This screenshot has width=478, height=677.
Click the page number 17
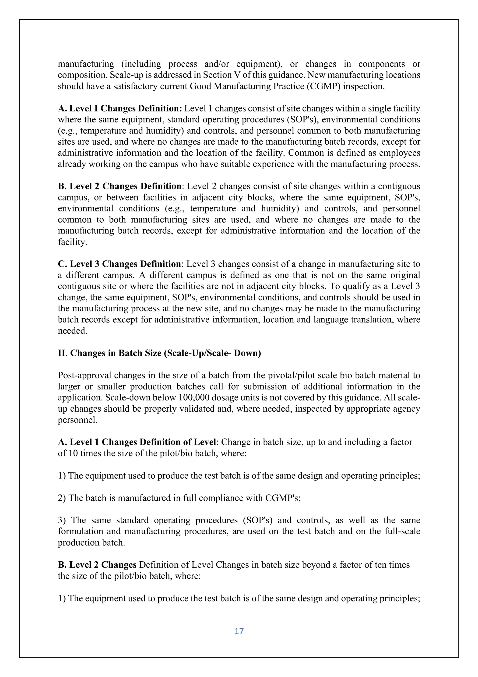click(239, 631)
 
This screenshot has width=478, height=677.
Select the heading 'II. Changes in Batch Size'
click(159, 353)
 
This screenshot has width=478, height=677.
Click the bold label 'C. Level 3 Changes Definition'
click(119, 264)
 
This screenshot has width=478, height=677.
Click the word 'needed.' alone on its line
click(72, 331)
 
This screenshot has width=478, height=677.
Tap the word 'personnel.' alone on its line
click(77, 420)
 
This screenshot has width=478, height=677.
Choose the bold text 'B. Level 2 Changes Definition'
click(119, 186)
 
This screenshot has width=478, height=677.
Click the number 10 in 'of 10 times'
click(73, 453)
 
